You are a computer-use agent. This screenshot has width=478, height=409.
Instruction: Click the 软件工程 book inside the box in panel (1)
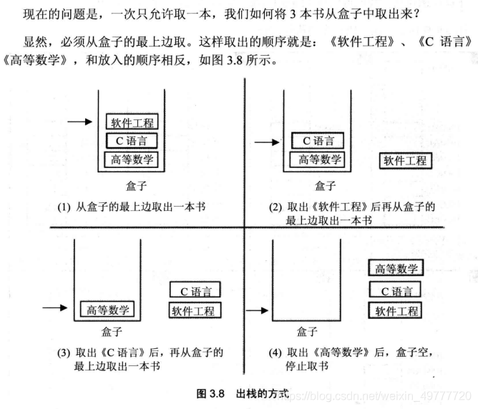point(130,123)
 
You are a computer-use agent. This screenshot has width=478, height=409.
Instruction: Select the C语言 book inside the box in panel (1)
point(130,141)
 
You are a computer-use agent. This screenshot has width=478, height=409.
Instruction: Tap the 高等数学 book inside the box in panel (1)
point(130,159)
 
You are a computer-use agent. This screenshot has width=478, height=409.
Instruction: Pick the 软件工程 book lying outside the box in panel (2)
point(404,160)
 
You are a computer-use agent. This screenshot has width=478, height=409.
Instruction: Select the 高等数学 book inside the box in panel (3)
point(108,309)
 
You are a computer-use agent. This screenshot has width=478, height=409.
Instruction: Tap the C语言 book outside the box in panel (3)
point(195,291)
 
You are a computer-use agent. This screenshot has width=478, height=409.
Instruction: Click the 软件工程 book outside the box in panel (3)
point(195,310)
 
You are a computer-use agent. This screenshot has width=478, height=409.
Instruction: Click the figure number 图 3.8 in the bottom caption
point(211,393)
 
